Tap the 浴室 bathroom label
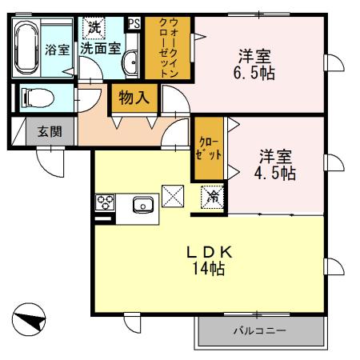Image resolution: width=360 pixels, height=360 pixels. click(x=57, y=49)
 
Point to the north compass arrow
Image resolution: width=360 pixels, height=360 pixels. click(x=30, y=320)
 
